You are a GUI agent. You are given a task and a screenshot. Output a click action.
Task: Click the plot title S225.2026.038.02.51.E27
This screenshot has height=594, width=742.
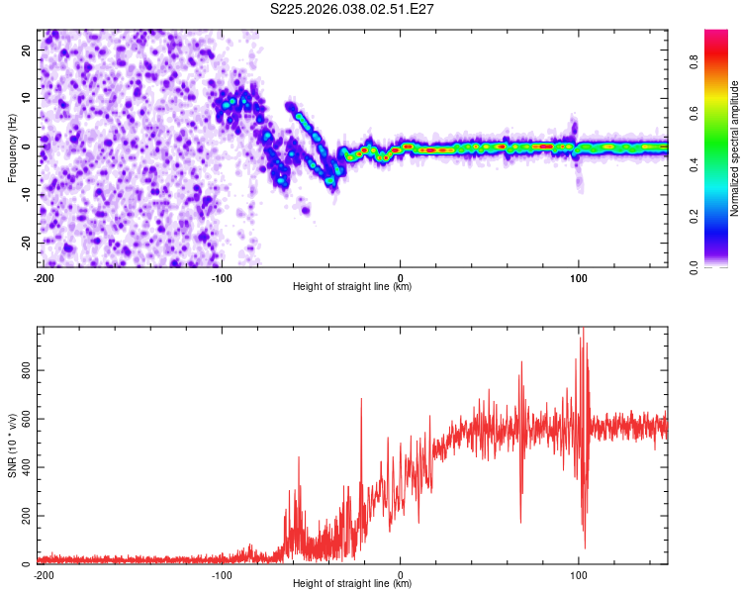[x=352, y=10]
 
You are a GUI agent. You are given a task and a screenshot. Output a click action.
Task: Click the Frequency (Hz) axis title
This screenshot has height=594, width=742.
[x=12, y=148]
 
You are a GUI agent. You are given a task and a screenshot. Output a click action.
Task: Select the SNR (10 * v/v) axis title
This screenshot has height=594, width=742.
[x=12, y=445]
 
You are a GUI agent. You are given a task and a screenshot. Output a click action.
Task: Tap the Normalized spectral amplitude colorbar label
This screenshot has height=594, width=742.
[x=735, y=148]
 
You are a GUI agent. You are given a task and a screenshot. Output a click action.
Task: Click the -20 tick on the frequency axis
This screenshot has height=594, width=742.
[x=27, y=243]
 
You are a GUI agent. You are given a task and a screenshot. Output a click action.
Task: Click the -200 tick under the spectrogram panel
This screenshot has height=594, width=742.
[x=43, y=277]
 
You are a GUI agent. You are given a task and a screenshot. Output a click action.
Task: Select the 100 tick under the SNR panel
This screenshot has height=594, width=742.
[x=579, y=574]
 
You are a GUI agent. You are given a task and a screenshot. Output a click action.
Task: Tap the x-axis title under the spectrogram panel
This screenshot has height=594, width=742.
[x=352, y=287]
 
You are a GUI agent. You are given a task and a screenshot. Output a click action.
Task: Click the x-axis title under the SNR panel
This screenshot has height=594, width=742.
[x=352, y=584]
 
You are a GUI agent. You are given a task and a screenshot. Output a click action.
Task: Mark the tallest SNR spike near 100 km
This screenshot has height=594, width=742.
[x=583, y=330]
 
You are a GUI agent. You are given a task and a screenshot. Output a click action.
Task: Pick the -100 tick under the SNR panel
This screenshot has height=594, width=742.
[x=221, y=574]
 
